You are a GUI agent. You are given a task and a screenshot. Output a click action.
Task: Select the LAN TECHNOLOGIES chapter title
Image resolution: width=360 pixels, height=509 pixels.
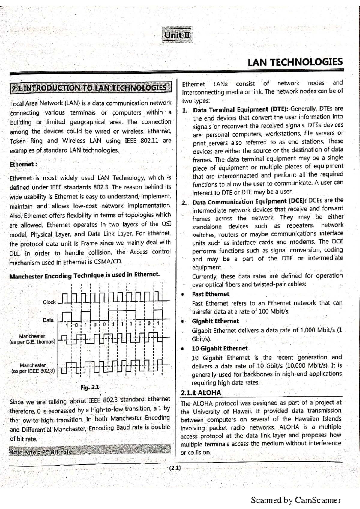click(x=295, y=62)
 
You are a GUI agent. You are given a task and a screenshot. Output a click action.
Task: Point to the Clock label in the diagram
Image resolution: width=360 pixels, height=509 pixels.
click(x=49, y=302)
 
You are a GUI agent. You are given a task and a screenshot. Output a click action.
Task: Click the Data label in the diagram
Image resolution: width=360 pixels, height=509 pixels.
click(x=48, y=320)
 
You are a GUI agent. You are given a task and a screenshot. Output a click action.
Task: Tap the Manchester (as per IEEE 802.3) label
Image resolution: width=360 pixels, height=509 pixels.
click(x=33, y=368)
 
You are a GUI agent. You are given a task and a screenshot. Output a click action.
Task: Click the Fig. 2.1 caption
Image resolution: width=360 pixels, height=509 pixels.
click(x=90, y=387)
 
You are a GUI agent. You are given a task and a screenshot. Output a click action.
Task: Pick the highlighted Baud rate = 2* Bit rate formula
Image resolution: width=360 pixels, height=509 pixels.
click(x=41, y=451)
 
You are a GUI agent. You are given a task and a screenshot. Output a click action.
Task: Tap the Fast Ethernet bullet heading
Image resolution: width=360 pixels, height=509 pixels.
click(x=211, y=294)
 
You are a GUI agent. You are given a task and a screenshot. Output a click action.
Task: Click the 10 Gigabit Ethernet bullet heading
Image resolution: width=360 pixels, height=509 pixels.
click(x=220, y=348)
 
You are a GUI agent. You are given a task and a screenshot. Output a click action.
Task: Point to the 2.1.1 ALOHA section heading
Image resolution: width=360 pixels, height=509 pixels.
click(x=201, y=393)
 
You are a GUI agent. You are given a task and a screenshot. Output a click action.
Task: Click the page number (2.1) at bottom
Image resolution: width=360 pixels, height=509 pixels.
click(x=175, y=468)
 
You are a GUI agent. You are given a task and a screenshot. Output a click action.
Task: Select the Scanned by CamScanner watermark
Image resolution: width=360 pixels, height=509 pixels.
click(x=296, y=500)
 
